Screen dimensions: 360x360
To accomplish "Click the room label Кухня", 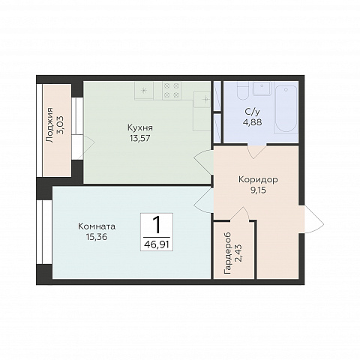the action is pos(140,127).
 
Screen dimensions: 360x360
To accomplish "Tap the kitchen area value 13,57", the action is pos(140,138).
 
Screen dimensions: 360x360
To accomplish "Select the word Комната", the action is pos(97,226).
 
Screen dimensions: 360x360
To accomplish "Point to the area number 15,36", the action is pos(97,236).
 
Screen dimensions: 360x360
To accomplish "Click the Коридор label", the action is pos(258,180).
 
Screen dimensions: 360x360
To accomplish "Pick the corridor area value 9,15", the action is pos(258,190).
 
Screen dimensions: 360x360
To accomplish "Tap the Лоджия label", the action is pos(50,125).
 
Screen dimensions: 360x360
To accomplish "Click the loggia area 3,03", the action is pos(60,125).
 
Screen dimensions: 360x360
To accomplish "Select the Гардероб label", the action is pos(228,253).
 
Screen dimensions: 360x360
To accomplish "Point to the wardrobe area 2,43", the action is pos(238,253).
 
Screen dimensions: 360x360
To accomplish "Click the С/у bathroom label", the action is pos(252,112).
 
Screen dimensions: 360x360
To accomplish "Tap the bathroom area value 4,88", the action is pos(252,122).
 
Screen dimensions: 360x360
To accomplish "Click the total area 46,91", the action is pos(157,244).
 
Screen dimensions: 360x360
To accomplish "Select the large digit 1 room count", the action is pos(157,225).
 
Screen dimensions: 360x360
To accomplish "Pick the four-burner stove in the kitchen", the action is pos(172,91).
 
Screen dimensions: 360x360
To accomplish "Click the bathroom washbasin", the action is pos(262,88).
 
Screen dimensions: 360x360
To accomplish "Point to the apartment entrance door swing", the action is pos(314,220).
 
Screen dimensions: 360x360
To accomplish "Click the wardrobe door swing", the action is pos(239,214).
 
